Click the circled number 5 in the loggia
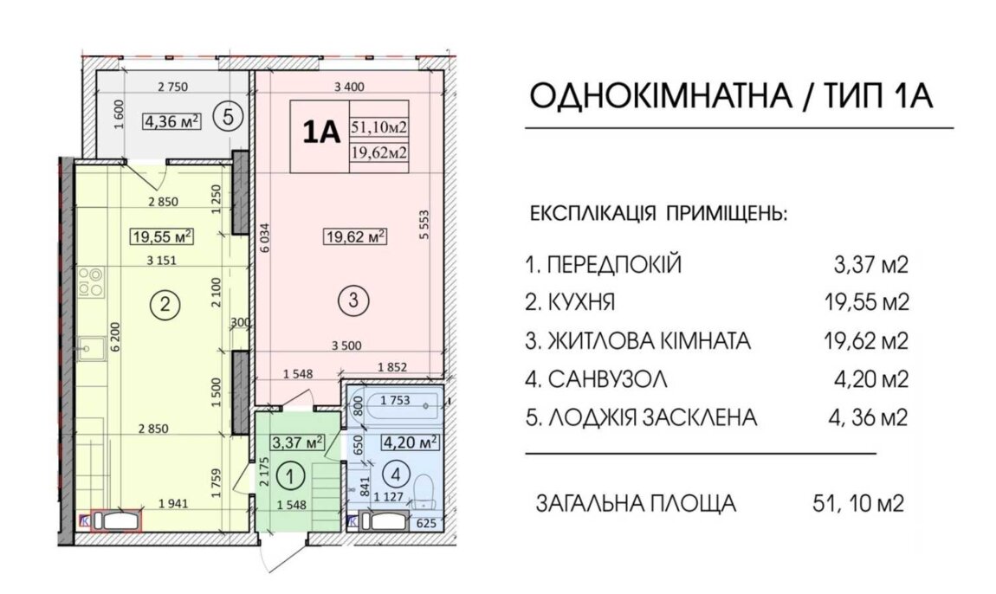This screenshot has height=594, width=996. click(x=230, y=118)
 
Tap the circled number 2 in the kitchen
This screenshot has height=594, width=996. click(x=165, y=304)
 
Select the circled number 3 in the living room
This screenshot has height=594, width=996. click(x=353, y=300)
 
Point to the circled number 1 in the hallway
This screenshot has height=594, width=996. click(x=290, y=475)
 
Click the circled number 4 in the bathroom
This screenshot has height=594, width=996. click(x=397, y=474)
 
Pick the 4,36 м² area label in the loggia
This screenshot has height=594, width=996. click(x=171, y=120)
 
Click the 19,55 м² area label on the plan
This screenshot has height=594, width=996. click(x=162, y=237)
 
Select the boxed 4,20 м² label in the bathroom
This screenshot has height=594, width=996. click(x=411, y=441)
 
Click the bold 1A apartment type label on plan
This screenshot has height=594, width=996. click(x=321, y=133)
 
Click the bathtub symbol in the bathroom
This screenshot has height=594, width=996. click(x=392, y=402)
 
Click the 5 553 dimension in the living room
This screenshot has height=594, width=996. click(x=424, y=224)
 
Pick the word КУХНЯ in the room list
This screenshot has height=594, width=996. click(x=580, y=302)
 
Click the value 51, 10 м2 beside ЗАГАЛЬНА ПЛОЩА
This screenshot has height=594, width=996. click(x=857, y=504)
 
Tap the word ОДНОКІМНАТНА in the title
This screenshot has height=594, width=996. click(x=661, y=96)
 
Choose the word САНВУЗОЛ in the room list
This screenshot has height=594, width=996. click(x=607, y=380)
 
